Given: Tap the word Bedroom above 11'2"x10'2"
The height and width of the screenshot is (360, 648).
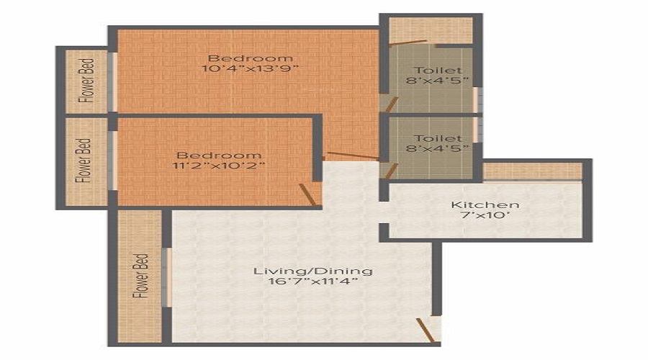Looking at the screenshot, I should (x=220, y=155).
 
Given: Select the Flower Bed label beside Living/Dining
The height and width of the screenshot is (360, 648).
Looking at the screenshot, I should (x=142, y=276).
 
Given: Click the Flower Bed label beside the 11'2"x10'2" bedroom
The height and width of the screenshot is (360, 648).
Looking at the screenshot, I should (x=85, y=161).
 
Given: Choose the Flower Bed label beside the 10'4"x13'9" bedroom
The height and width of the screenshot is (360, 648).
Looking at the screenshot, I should (x=86, y=80).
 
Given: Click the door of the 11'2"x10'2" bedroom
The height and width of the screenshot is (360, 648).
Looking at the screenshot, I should (x=308, y=194).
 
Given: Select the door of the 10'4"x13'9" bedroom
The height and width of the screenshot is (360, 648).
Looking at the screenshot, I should (x=351, y=156).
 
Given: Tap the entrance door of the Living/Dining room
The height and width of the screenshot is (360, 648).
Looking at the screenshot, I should (x=426, y=330).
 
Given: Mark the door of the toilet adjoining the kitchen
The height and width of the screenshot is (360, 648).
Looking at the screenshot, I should (x=391, y=170).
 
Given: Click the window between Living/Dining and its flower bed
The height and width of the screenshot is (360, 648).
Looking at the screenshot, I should (x=167, y=277).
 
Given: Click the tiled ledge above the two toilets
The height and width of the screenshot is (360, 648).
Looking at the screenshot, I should (x=431, y=31).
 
